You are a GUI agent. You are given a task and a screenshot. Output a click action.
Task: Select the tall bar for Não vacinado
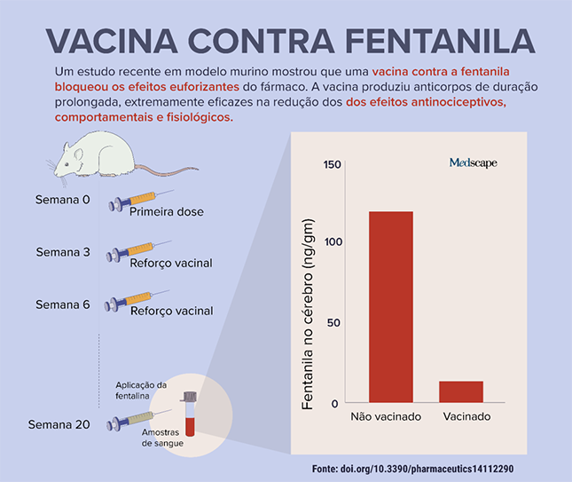[390, 306]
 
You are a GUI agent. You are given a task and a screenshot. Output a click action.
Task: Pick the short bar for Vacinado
[461, 392]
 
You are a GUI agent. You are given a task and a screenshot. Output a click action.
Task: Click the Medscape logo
[473, 162]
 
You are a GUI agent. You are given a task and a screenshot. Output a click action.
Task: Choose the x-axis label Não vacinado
[385, 416]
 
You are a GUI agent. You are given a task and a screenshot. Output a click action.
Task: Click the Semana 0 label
[63, 199]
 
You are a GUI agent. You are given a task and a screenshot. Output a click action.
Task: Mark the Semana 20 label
[59, 424]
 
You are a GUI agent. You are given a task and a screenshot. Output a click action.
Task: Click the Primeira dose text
[166, 212]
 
